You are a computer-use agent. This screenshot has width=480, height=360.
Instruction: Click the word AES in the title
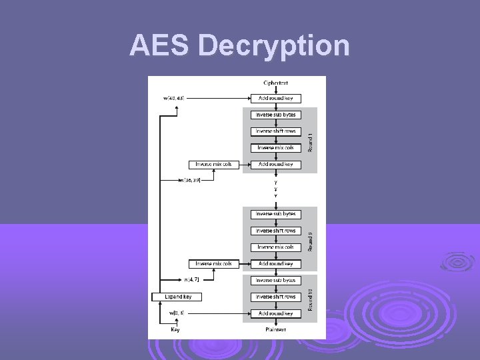pos(161,46)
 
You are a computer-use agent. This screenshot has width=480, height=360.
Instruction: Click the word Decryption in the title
pos(274,46)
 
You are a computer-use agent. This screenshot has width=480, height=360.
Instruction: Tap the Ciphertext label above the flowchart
pos(275,83)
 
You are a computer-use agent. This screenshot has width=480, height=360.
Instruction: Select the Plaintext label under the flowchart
pos(275,329)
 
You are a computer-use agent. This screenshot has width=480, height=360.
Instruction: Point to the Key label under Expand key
pos(175,329)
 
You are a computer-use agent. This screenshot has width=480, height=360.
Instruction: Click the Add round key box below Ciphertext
pos(275,99)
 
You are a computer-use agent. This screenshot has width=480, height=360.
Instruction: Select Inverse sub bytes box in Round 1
pos(275,115)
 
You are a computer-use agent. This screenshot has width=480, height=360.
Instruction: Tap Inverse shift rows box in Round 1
pos(275,131)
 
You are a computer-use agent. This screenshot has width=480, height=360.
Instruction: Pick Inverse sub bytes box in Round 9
pos(275,214)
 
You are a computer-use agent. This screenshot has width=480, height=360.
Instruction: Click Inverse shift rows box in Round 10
pos(275,297)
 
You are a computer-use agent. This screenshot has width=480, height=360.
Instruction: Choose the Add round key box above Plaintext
pos(275,313)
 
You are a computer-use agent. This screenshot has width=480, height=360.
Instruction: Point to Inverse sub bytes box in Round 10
pos(275,280)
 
